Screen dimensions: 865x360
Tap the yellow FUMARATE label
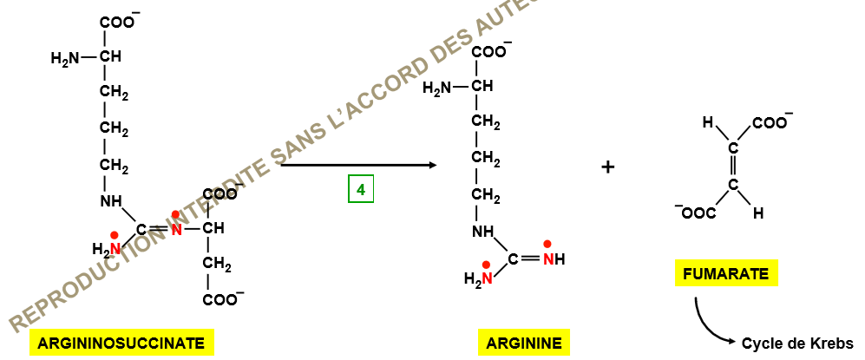(726, 274)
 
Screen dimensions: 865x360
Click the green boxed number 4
(361, 190)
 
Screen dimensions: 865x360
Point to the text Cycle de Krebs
(797, 344)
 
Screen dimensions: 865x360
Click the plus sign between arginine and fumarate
(607, 167)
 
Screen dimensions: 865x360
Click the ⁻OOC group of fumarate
(696, 213)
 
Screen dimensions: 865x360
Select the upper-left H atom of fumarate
(708, 123)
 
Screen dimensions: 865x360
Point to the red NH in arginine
(554, 259)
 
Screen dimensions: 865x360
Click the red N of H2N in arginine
(487, 279)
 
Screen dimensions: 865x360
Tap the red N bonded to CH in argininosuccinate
(176, 230)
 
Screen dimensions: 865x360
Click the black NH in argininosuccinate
(111, 202)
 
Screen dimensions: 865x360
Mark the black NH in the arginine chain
(484, 232)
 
